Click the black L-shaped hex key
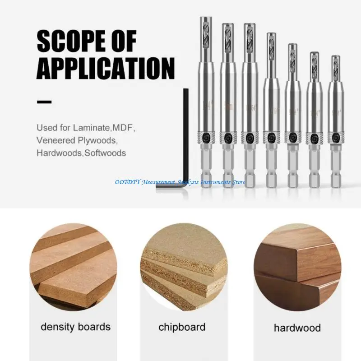184,149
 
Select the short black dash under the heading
44,102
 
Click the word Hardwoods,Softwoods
81,153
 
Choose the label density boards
75,326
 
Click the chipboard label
182,326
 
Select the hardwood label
297,328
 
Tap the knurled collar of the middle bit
271,137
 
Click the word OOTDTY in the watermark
127,182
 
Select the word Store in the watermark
238,182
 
